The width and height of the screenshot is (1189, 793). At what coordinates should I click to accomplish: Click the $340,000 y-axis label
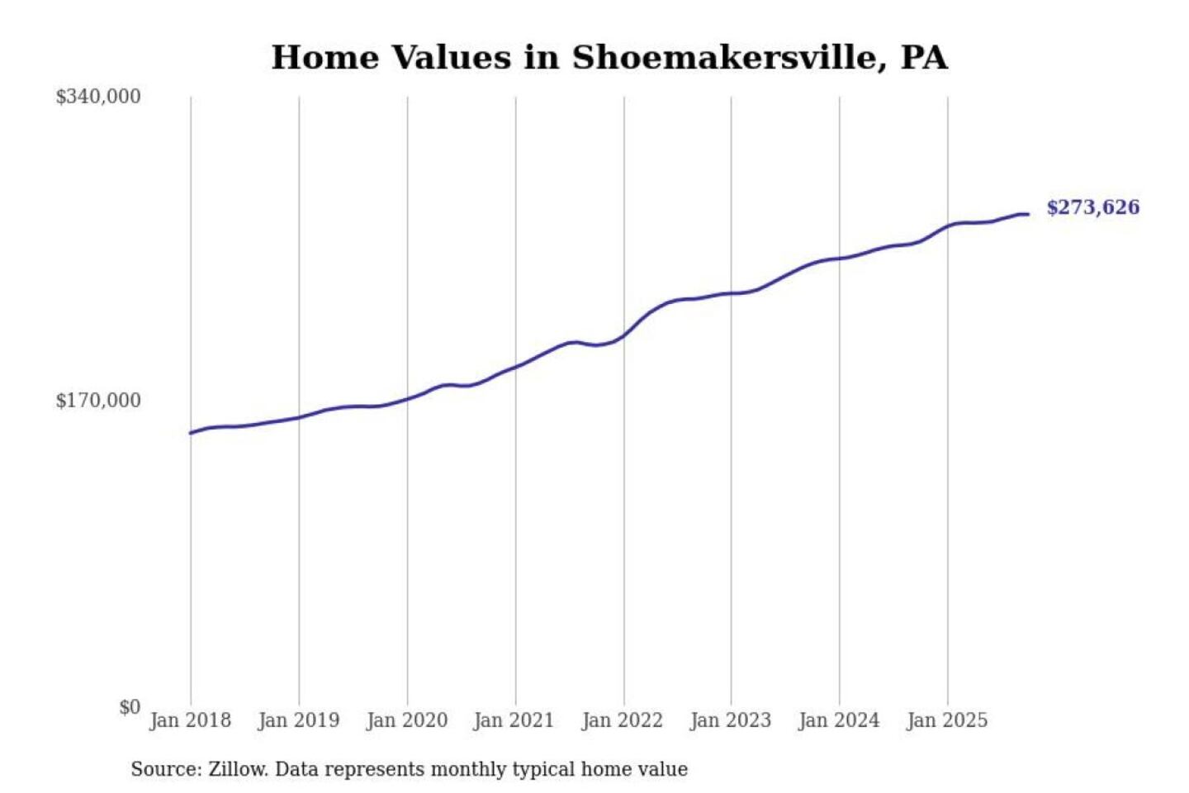98,97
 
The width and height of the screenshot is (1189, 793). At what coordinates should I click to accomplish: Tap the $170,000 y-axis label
98,401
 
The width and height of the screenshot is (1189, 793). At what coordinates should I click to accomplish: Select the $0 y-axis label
130,707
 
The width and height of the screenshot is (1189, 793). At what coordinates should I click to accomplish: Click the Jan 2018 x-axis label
191,720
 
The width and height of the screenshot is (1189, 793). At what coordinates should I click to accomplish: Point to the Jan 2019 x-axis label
299,720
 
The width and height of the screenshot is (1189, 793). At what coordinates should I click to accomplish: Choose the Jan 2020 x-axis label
407,720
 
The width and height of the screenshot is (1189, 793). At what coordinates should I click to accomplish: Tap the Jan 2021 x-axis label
514,720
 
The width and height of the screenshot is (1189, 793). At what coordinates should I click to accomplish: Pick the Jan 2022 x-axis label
623,720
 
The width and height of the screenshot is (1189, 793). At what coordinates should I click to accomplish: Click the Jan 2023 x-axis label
731,720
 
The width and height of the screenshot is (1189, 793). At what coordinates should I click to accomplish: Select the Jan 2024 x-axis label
839,720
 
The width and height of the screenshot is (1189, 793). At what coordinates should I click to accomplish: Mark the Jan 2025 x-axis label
947,720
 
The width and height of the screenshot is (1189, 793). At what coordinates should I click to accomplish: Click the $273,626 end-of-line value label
1093,207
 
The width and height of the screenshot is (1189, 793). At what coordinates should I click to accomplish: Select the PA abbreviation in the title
924,58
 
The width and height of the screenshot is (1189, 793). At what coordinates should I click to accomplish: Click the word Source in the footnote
165,769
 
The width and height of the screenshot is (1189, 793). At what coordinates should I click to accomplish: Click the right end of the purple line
1027,214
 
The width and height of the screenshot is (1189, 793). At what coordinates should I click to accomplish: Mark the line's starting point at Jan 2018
191,433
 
